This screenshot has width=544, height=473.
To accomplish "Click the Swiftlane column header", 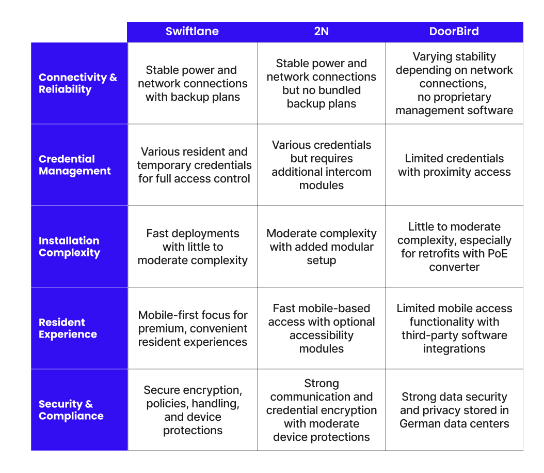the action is [x=192, y=32].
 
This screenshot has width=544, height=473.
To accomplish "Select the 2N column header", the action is [x=321, y=32].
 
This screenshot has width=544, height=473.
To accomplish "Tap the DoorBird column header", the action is [x=454, y=32].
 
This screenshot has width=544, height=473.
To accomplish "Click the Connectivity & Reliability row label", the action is [x=78, y=83].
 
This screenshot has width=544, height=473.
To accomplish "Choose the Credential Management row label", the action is [x=75, y=165].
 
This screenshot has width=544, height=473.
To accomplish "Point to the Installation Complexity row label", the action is [x=69, y=247].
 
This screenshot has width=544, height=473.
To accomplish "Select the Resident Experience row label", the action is [x=68, y=328].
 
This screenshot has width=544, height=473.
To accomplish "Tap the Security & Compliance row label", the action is [x=71, y=410].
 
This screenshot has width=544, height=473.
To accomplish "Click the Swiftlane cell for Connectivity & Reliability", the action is [x=193, y=83].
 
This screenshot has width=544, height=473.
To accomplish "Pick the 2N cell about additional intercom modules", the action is [x=321, y=165].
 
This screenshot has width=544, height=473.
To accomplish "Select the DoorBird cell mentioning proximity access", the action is [x=454, y=165].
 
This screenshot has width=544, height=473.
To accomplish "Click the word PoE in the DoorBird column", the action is [x=498, y=253].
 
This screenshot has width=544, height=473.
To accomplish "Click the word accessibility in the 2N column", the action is [x=321, y=335].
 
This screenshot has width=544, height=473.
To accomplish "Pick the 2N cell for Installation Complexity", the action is [x=321, y=247].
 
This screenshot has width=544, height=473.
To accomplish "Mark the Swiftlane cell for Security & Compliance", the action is [x=193, y=410].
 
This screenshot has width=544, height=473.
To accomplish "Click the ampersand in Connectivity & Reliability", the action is [x=114, y=77].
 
